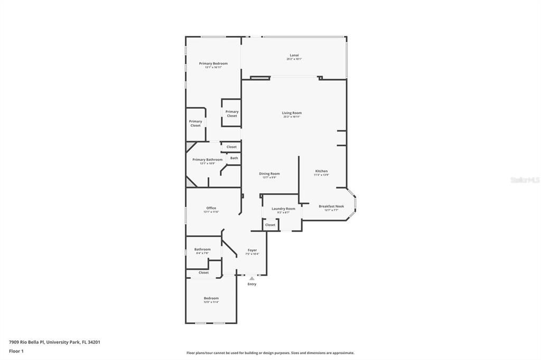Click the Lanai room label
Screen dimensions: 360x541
(294, 55)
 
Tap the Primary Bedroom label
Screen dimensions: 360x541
(213, 63)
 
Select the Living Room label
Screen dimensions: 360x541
(292, 113)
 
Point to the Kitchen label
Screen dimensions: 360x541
(321, 171)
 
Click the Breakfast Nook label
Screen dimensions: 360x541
(331, 206)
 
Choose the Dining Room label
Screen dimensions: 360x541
(269, 174)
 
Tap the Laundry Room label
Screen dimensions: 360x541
(283, 209)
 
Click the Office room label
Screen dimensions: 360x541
(211, 208)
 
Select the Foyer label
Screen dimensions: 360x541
(252, 250)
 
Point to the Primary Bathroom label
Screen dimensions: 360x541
(207, 159)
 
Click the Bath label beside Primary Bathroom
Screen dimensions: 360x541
(234, 158)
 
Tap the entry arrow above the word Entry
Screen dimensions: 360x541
(252, 278)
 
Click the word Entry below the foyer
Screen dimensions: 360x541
(252, 284)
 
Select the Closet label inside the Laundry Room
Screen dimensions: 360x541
(270, 225)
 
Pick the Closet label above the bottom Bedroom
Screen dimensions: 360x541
(203, 272)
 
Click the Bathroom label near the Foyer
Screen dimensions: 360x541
(202, 249)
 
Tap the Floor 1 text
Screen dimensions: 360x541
(16, 351)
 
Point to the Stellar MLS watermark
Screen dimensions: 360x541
(524, 180)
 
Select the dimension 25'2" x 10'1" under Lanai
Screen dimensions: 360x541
(294, 59)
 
